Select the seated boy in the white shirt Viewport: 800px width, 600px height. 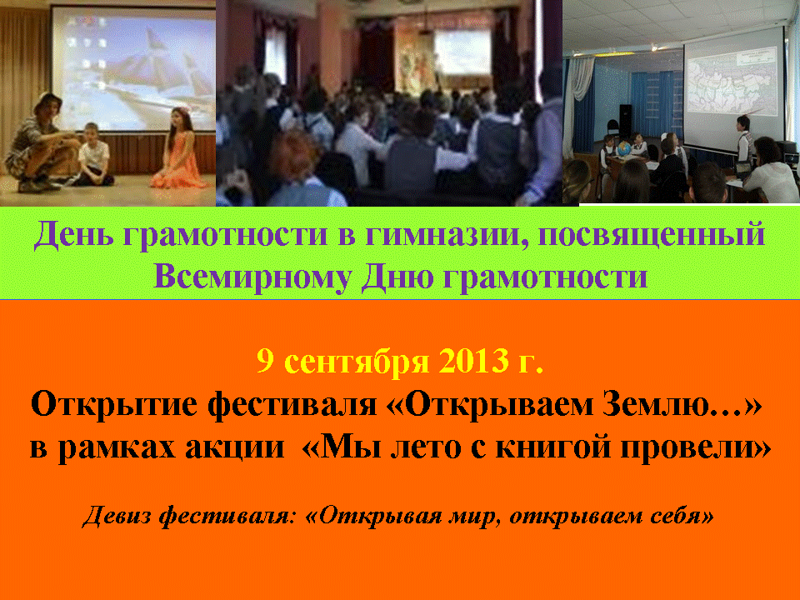tap(93, 155)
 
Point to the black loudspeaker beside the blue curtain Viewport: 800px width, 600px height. tap(625, 121)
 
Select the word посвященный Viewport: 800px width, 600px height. tap(652, 236)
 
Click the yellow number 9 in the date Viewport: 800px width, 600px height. tap(265, 361)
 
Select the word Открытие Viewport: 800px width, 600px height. tap(114, 406)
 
